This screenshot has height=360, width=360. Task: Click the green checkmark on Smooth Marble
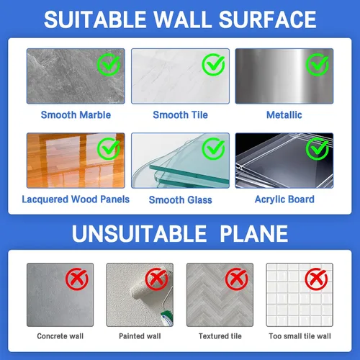tap(109, 64)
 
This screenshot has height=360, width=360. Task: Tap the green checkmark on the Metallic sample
tap(318, 64)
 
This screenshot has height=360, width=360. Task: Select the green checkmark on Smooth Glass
tap(213, 148)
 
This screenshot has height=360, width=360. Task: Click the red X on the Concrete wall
tap(77, 279)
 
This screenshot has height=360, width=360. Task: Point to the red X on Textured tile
tap(237, 279)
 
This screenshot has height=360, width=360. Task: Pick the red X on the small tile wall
tap(316, 279)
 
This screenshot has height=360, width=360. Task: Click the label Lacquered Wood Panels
tap(76, 199)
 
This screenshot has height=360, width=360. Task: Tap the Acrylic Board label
tap(284, 199)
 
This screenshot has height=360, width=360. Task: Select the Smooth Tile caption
tap(180, 115)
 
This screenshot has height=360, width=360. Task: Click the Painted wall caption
tap(140, 336)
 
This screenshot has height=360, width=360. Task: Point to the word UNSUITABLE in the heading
tap(139, 233)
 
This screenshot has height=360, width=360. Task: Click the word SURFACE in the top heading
tap(268, 19)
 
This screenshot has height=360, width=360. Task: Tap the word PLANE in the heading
tap(254, 233)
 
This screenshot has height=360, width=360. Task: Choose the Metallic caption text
tap(284, 115)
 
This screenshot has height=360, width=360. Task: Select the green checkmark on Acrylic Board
tap(318, 148)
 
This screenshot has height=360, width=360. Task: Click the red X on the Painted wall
tap(157, 279)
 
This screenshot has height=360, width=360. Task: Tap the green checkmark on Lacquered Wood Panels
tap(109, 148)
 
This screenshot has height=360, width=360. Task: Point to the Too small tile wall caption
tap(300, 336)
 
